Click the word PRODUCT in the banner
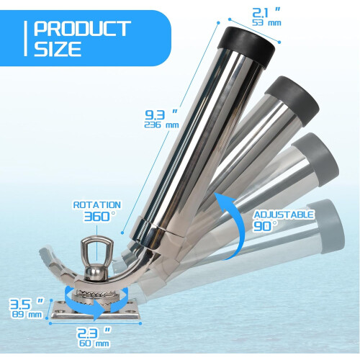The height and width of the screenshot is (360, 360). (82, 29)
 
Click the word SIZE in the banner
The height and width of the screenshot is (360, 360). (58, 49)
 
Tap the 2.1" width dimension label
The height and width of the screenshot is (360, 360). (266, 13)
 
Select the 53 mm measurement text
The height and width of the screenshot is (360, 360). (266, 23)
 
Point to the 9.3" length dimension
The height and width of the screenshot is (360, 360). (161, 114)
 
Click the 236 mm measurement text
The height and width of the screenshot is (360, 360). (161, 125)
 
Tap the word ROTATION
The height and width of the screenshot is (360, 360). (97, 205)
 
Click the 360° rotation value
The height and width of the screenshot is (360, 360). (99, 217)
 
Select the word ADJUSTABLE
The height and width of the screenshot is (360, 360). (284, 215)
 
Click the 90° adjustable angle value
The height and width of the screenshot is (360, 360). (265, 226)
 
